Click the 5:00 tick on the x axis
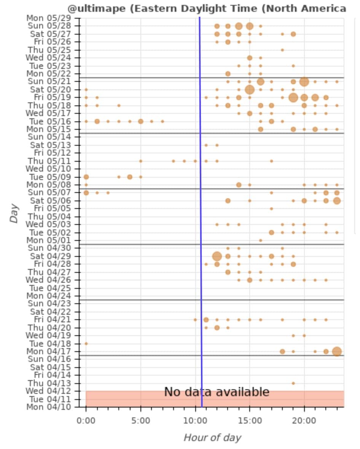141,420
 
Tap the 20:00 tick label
304,420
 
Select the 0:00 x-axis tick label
86,420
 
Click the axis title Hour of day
212,438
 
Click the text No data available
217,392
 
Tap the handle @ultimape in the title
97,8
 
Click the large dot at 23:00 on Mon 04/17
337,351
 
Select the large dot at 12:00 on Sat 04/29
217,256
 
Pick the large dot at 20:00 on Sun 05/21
304,81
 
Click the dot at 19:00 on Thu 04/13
293,383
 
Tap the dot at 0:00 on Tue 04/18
86,343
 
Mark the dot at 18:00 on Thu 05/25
282,50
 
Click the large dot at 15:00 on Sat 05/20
250,89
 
